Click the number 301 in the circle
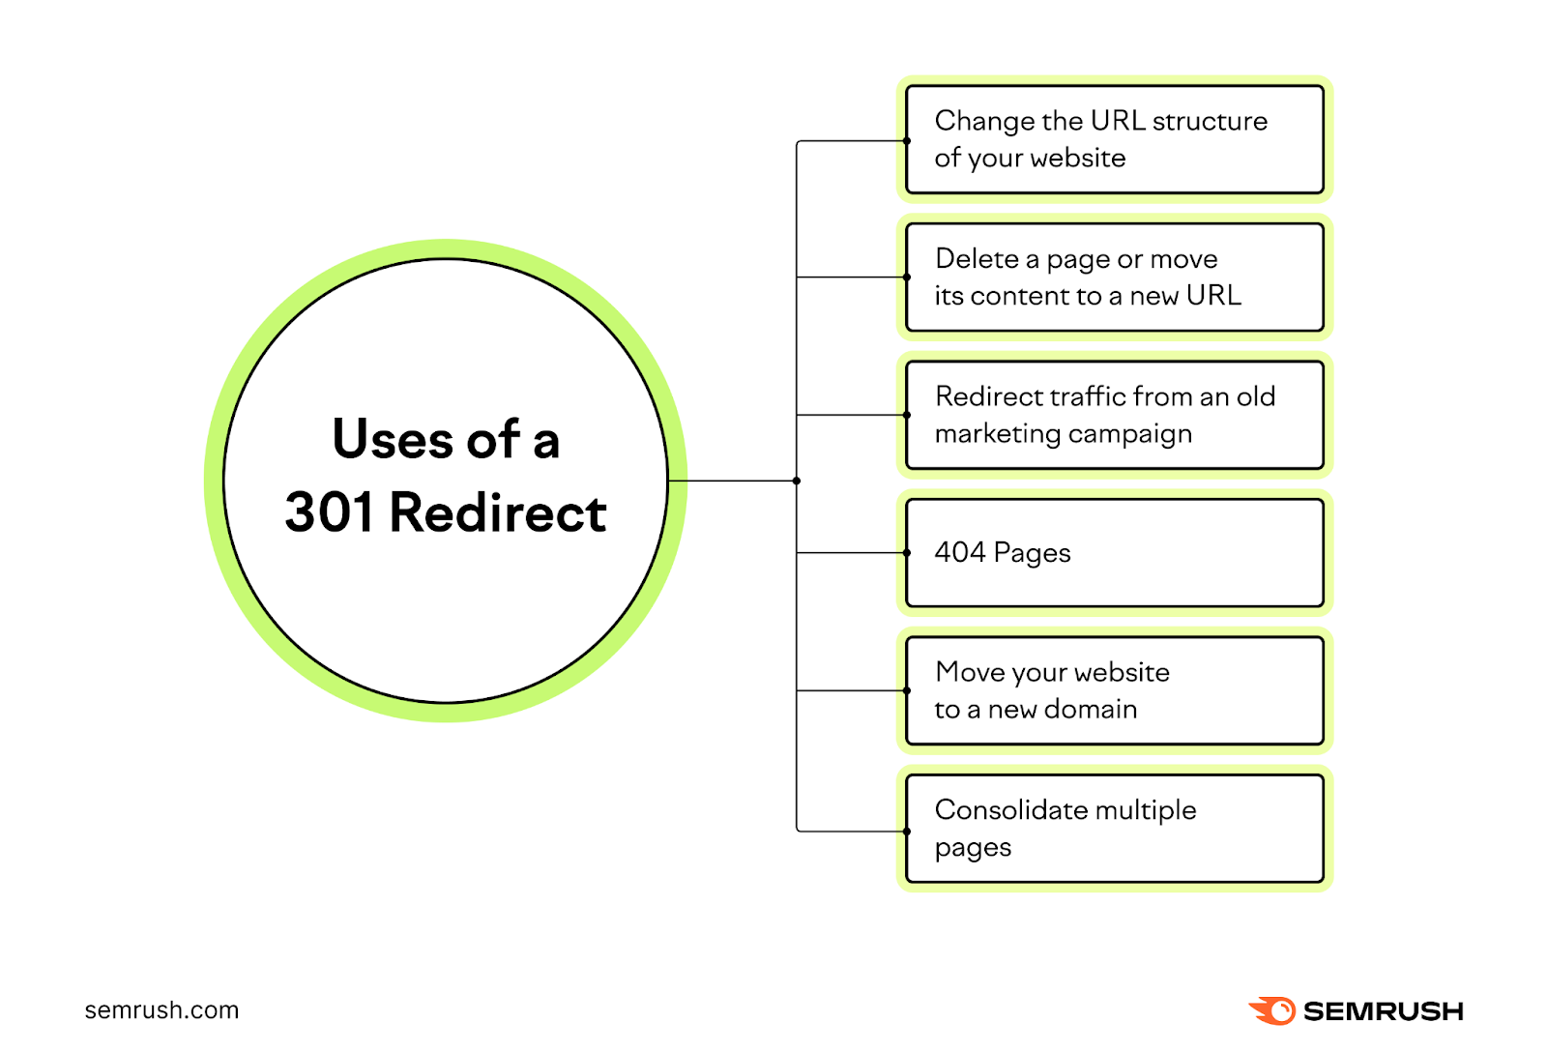pyautogui.click(x=328, y=512)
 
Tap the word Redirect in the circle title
pyautogui.click(x=497, y=512)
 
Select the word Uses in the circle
pyautogui.click(x=393, y=440)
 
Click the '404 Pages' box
pyautogui.click(x=1114, y=553)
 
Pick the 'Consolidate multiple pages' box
pyautogui.click(x=1114, y=829)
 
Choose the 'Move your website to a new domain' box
pyautogui.click(x=1114, y=690)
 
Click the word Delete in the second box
pyautogui.click(x=977, y=259)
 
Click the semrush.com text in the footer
pyautogui.click(x=161, y=1010)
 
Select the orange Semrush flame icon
pyautogui.click(x=1272, y=1010)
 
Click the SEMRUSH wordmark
pyautogui.click(x=1383, y=1011)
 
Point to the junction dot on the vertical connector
pyautogui.click(x=797, y=481)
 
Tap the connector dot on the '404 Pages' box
pyautogui.click(x=907, y=553)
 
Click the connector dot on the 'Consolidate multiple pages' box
pyautogui.click(x=907, y=831)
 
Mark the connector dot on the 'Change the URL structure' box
pyautogui.click(x=907, y=141)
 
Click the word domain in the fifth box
pyautogui.click(x=1091, y=710)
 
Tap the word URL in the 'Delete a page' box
pyautogui.click(x=1213, y=296)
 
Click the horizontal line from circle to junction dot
pyautogui.click(x=732, y=481)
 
